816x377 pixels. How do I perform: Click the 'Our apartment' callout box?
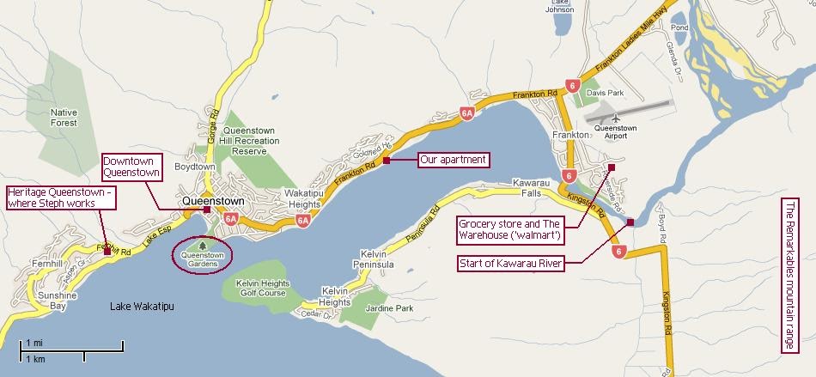point(453,160)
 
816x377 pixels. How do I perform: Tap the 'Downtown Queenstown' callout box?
point(131,167)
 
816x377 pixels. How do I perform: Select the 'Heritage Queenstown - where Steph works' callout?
point(60,197)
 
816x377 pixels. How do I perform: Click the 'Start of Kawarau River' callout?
point(511,263)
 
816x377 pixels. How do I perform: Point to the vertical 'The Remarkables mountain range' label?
point(790,275)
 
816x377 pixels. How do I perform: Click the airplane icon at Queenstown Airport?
point(615,118)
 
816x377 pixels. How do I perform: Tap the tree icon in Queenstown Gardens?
point(203,244)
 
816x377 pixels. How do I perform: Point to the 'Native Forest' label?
point(64,118)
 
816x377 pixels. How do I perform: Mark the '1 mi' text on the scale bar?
point(34,343)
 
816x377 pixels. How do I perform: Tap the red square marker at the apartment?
point(387,160)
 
